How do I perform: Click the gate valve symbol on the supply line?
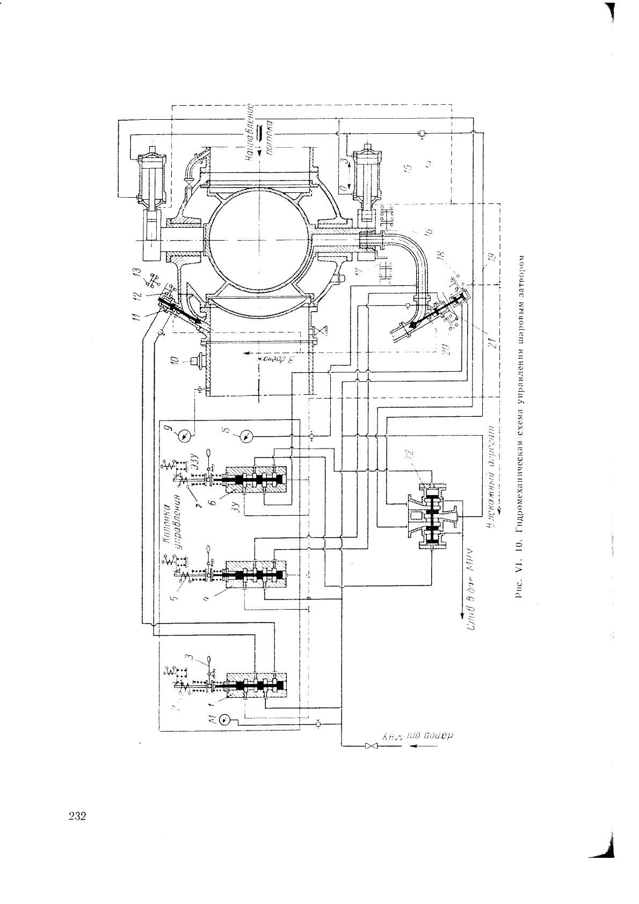tap(368, 746)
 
